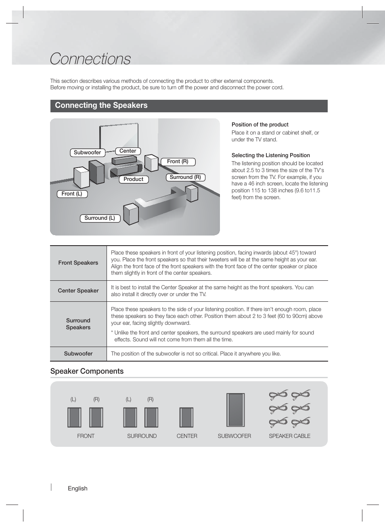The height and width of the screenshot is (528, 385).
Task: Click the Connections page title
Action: (90, 59)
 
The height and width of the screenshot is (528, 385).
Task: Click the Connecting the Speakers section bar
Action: (189, 105)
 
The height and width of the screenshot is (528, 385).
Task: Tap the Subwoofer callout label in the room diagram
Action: (88, 153)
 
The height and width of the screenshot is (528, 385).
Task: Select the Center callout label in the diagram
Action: (128, 151)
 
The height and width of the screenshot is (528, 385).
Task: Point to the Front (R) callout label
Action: (178, 162)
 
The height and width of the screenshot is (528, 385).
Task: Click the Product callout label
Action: (134, 179)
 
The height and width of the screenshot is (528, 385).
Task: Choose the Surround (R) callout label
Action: (185, 177)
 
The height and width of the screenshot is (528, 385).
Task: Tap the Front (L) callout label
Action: (72, 194)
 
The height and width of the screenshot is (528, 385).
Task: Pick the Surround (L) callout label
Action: (100, 218)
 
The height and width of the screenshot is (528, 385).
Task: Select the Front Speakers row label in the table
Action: (78, 263)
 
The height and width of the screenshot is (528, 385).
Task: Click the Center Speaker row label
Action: (78, 291)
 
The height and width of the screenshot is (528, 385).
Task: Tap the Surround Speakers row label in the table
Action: (78, 324)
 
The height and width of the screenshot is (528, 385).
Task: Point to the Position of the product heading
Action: (260, 125)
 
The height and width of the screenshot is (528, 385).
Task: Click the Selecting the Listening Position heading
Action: (271, 156)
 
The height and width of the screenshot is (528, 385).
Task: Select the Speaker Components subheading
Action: (87, 371)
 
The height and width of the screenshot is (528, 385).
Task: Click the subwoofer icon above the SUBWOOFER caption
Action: (235, 410)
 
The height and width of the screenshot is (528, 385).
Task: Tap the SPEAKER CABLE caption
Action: (290, 436)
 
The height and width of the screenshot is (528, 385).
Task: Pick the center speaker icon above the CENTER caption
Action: (186, 417)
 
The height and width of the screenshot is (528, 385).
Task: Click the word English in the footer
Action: (77, 488)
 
